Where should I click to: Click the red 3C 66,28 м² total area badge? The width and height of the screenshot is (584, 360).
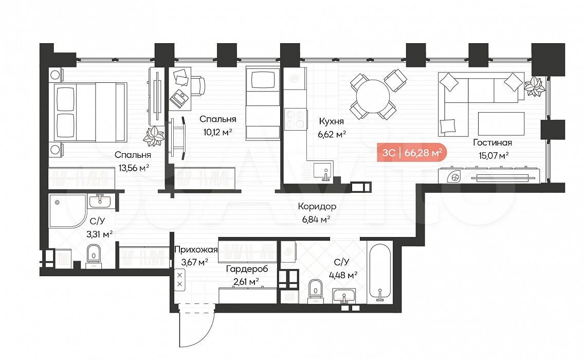(x=412, y=152)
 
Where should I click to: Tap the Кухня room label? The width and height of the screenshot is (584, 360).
(x=331, y=121)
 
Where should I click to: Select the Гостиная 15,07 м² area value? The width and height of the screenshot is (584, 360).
(x=494, y=155)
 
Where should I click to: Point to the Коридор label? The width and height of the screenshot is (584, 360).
(x=317, y=206)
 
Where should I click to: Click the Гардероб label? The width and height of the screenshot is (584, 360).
(x=247, y=268)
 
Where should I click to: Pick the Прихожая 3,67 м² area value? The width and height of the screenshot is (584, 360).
(x=195, y=262)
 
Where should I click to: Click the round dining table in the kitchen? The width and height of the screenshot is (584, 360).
(x=373, y=96)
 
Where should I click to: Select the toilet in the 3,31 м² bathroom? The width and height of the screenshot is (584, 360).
(x=93, y=255)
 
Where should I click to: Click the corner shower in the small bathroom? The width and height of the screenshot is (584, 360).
(x=67, y=210)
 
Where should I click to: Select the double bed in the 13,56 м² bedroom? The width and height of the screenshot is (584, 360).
(x=90, y=112)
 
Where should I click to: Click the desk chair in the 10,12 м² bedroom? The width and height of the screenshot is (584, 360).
(x=198, y=86)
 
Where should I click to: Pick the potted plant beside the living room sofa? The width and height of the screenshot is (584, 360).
(x=535, y=87)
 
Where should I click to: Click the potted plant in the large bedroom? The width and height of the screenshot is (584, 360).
(x=153, y=136)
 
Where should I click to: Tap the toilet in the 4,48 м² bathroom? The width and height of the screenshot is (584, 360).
(x=316, y=290)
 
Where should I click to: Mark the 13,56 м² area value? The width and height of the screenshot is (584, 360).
(x=134, y=168)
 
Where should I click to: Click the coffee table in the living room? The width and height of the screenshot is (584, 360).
(x=501, y=124)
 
